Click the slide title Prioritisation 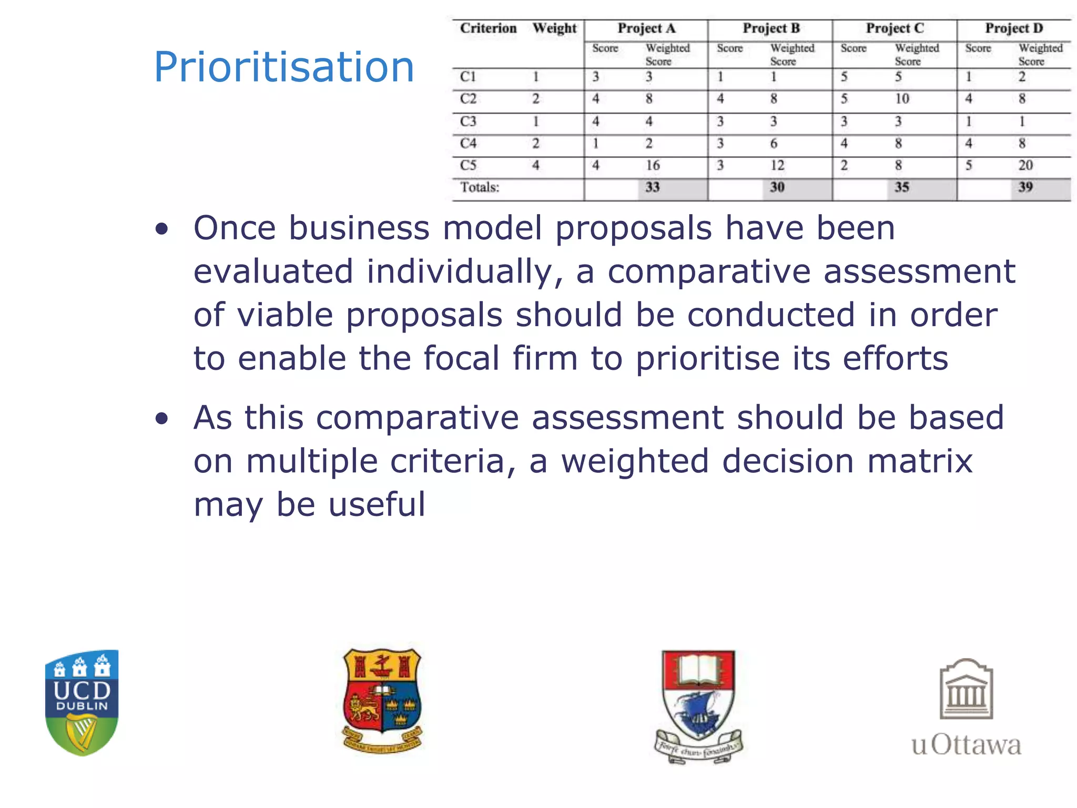click(x=284, y=67)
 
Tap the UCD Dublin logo click(x=82, y=702)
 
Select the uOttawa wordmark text click(x=966, y=745)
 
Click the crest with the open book click(x=698, y=705)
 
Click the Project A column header click(x=646, y=28)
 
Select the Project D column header click(x=1013, y=28)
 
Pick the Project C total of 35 click(x=902, y=187)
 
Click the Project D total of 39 click(x=1025, y=187)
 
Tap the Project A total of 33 click(x=653, y=187)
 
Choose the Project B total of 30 click(x=777, y=187)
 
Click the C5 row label click(x=468, y=165)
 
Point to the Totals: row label click(x=480, y=187)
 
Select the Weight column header click(x=554, y=28)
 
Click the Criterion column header click(x=488, y=28)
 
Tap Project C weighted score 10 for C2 click(x=902, y=99)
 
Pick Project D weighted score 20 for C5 click(x=1025, y=165)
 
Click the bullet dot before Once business click(x=162, y=229)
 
